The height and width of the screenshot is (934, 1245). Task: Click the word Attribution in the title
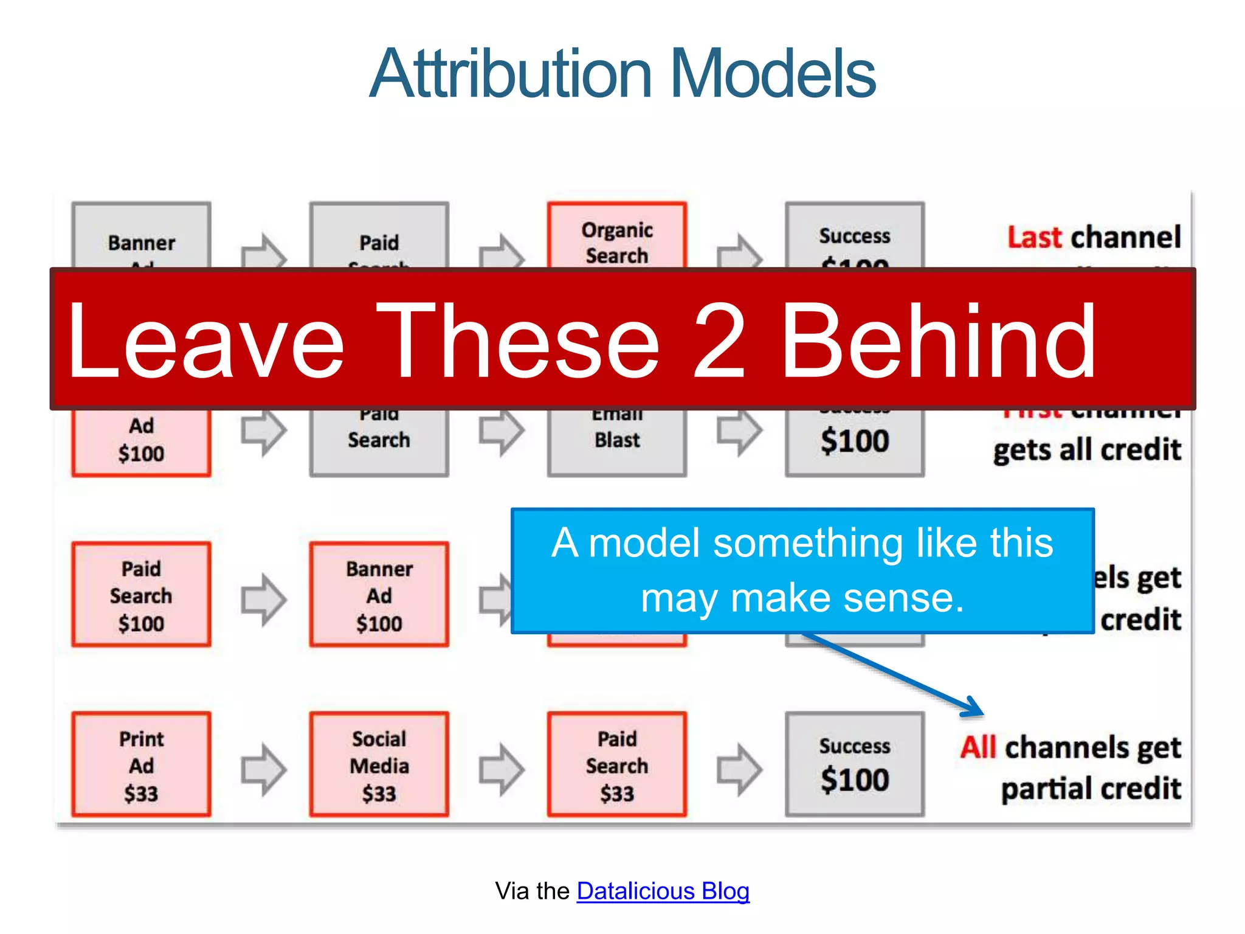511,74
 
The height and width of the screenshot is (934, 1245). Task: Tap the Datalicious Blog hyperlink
663,891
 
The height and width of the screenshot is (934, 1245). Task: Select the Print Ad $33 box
141,764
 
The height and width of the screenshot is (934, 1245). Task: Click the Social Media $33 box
379,764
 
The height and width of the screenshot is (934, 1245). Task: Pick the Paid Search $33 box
616,764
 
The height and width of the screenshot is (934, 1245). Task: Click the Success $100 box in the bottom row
854,764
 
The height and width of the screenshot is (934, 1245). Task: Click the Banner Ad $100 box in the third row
379,595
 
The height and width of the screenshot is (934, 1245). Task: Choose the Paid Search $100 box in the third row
141,595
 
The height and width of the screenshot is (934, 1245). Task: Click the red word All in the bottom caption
978,747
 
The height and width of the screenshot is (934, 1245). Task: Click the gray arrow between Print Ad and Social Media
263,769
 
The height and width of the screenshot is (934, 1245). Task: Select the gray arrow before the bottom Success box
739,769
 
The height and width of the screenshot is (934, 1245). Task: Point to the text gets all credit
1087,450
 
